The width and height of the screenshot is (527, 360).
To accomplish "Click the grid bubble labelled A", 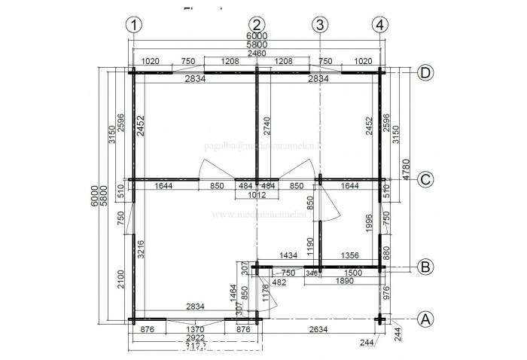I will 426,319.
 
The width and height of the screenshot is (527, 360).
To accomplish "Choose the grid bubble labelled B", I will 426,266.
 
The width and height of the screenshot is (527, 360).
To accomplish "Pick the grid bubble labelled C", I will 426,180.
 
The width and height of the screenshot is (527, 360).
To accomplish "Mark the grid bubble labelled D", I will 426,73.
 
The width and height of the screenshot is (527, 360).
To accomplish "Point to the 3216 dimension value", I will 142,249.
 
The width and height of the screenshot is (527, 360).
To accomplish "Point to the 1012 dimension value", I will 257,195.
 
